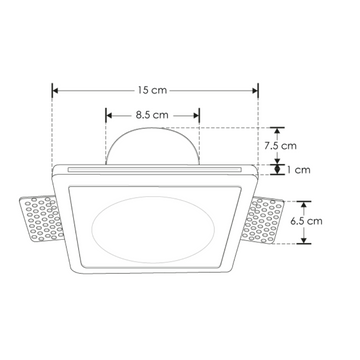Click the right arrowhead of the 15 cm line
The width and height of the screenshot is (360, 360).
(x=257, y=90)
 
